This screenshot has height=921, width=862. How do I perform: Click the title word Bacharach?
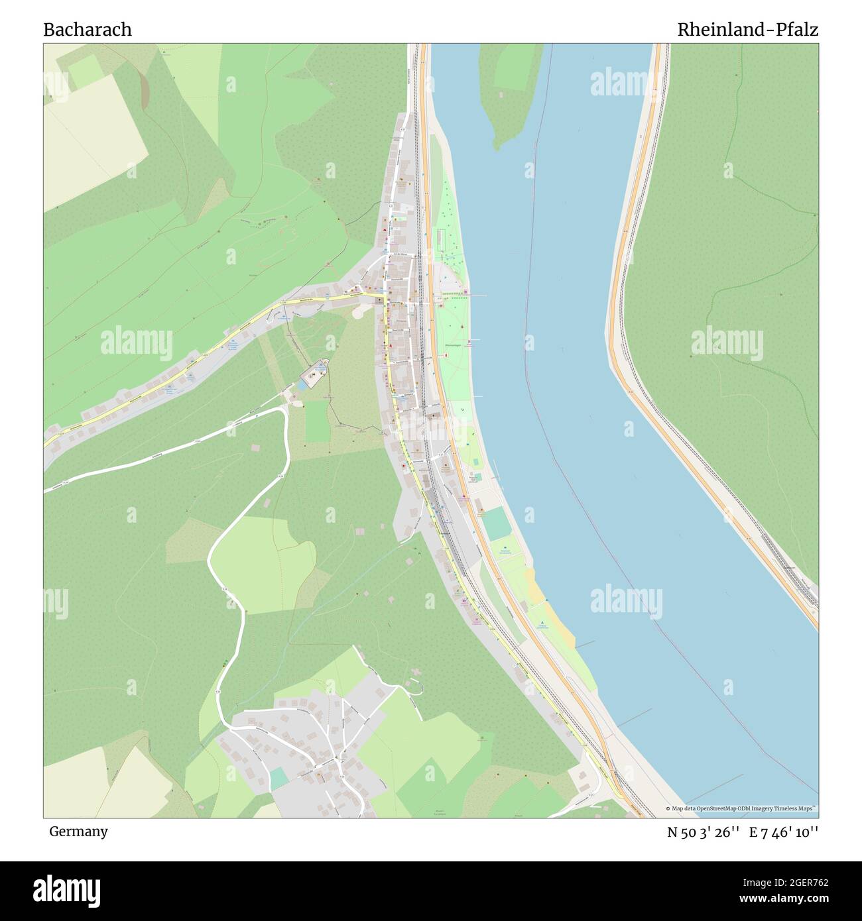click(88, 30)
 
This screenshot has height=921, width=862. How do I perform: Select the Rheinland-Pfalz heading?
click(747, 30)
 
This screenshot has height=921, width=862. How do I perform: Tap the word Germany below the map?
click(78, 831)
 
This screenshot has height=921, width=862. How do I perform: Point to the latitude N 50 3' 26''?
click(704, 832)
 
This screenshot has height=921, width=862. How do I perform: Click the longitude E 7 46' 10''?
click(784, 832)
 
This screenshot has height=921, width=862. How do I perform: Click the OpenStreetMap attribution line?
click(743, 808)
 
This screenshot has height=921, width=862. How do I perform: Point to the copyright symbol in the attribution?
click(668, 808)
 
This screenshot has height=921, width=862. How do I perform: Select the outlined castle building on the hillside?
click(313, 376)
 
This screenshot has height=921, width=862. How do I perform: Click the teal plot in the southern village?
click(279, 777)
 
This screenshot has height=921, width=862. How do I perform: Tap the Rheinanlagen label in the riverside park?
click(454, 345)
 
